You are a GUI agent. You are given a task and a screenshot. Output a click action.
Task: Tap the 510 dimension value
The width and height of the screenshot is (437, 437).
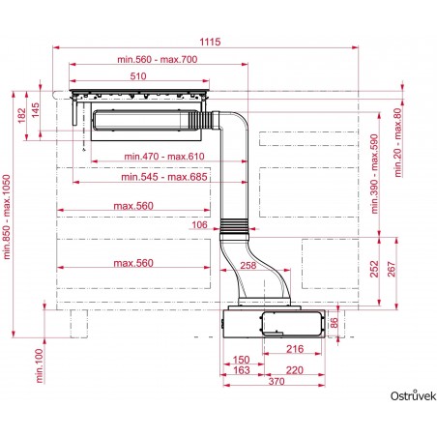pyautogui.click(x=138, y=76)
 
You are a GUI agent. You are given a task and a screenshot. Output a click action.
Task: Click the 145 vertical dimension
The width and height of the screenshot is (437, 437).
pyautogui.click(x=37, y=108)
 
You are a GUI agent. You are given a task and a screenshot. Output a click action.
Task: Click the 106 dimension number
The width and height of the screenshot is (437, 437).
pyautogui.click(x=200, y=225)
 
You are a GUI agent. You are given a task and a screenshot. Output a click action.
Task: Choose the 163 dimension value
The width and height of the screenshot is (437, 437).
pyautogui.click(x=242, y=370)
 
